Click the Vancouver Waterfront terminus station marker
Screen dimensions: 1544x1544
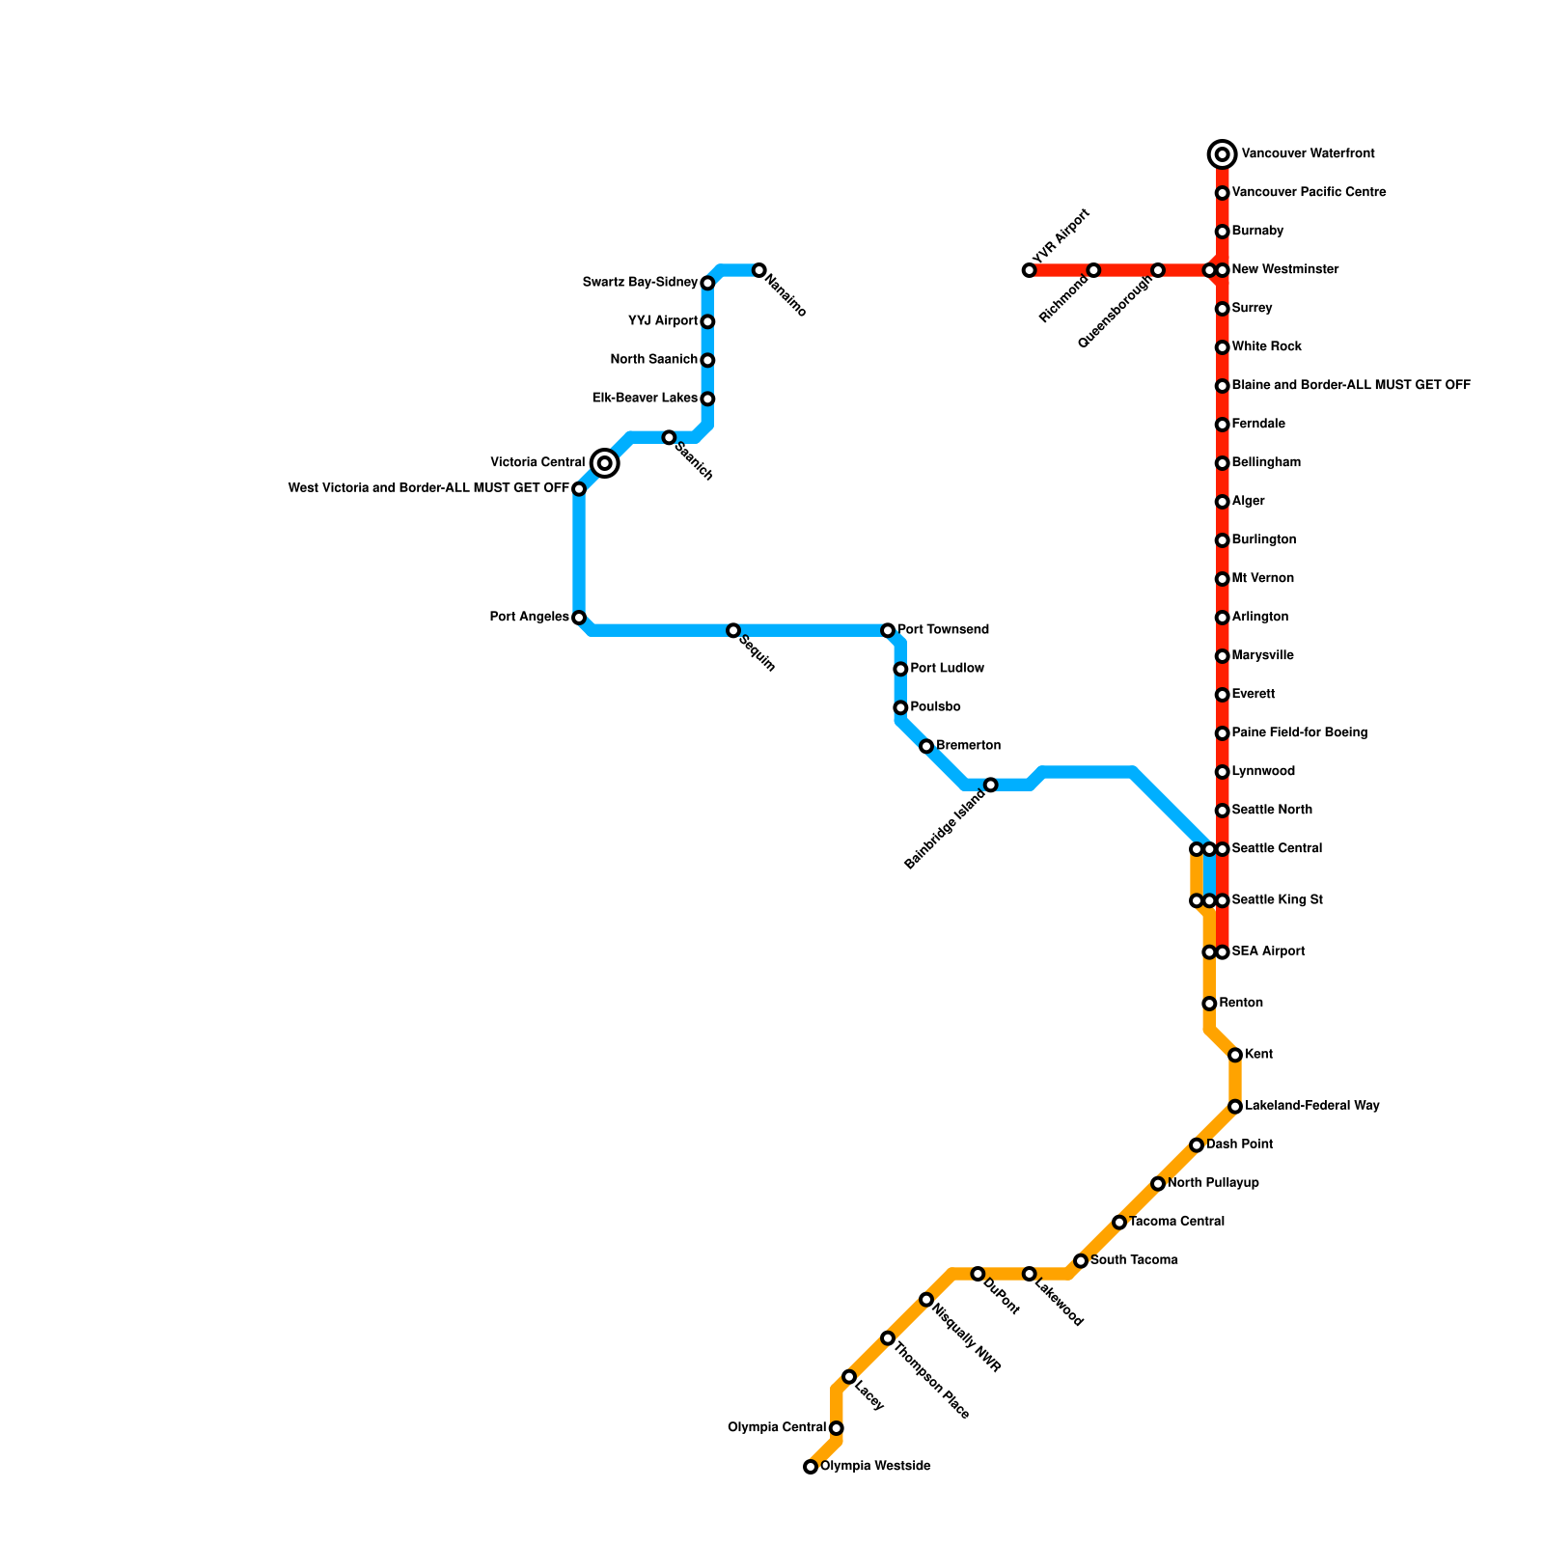1222,154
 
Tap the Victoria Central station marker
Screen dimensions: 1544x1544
605,463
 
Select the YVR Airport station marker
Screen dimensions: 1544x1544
1029,270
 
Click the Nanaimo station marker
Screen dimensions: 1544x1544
759,270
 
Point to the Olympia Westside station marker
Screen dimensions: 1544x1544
811,1467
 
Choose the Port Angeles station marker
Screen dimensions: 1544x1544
579,618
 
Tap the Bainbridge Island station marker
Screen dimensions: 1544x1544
990,786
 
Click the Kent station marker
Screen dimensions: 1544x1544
1235,1056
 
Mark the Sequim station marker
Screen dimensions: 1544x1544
733,631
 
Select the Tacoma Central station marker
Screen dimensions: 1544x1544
1119,1223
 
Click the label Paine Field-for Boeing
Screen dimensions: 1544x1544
1299,733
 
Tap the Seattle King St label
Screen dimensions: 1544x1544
1277,900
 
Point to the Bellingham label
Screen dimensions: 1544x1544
1266,463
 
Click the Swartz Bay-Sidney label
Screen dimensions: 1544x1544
640,283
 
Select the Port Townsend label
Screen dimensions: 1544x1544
943,630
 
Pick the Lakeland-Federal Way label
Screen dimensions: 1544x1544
1311,1106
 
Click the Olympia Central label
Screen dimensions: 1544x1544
777,1428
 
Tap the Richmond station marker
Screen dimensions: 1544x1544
1093,270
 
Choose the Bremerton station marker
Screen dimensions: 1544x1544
926,747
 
